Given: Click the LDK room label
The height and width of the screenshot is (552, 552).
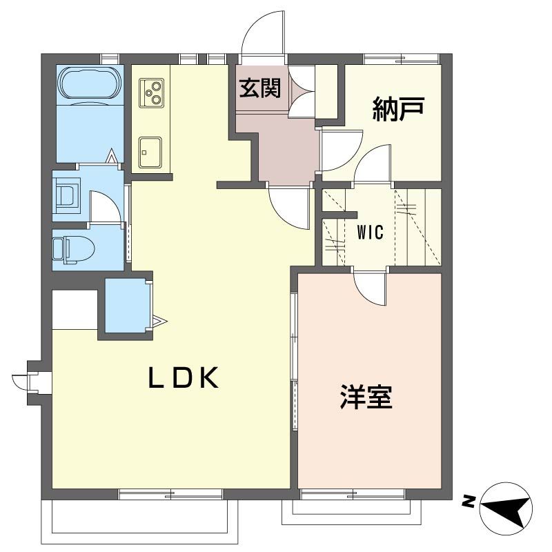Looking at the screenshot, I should [184, 377].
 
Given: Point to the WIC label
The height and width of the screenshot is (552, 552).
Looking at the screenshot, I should [370, 232].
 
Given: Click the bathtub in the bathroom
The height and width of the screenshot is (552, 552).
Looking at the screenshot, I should [89, 83].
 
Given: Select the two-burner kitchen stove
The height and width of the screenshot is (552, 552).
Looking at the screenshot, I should [152, 92].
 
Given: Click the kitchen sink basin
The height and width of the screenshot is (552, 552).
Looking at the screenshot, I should [150, 152].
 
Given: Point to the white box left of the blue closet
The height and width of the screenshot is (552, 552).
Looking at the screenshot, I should [75, 309].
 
